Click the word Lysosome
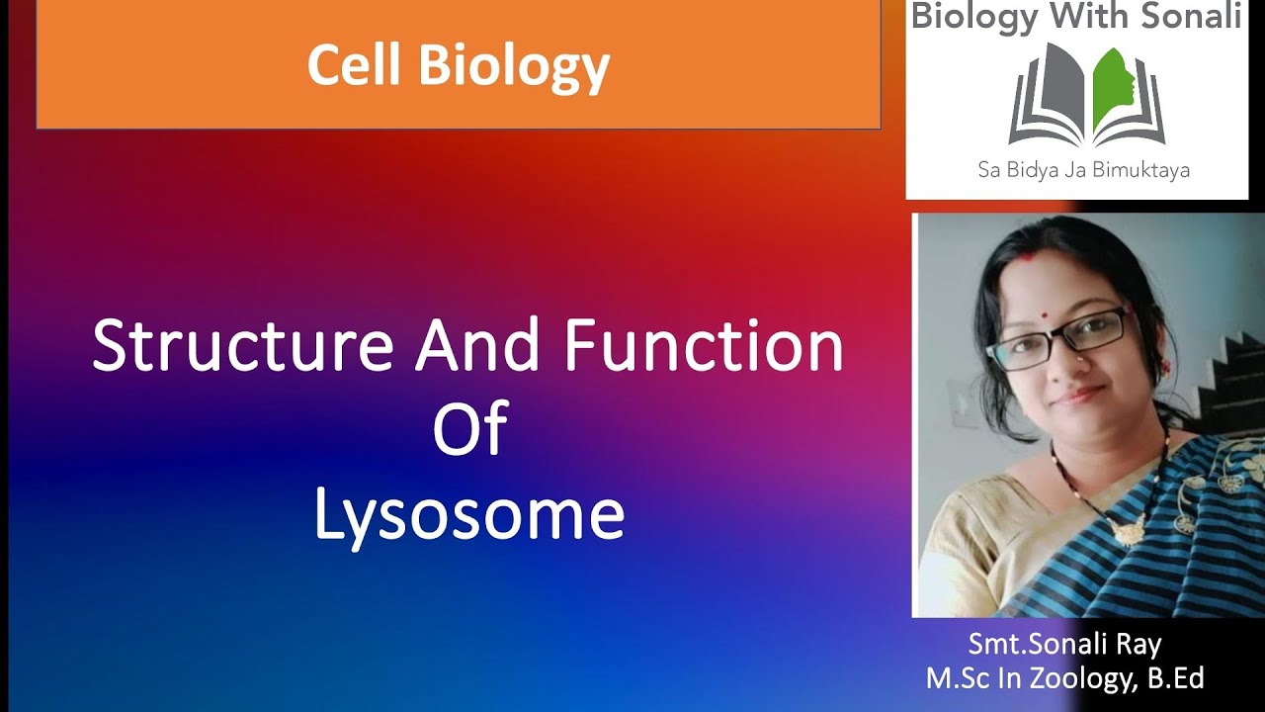click(469, 515)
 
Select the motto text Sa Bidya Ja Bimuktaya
click(1083, 170)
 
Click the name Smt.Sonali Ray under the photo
click(1064, 645)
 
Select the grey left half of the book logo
click(1043, 99)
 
